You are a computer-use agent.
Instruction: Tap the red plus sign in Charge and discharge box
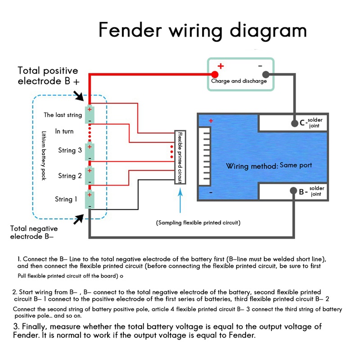click(220, 66)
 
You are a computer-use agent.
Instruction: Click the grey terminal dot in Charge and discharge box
click(265, 74)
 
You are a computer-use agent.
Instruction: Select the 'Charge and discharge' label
click(239, 81)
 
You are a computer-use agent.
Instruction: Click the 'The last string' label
click(63, 115)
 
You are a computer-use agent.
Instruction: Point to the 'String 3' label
click(70, 150)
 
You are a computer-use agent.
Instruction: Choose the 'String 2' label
click(70, 176)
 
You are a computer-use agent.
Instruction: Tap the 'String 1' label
click(66, 199)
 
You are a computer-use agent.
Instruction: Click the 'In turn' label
click(64, 131)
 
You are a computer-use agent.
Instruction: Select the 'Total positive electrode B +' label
click(48, 76)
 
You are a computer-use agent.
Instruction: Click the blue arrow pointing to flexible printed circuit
click(181, 200)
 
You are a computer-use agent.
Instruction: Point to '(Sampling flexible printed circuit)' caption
click(198, 223)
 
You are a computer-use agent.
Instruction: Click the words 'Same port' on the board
click(296, 165)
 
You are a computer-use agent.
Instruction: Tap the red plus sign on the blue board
click(211, 121)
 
